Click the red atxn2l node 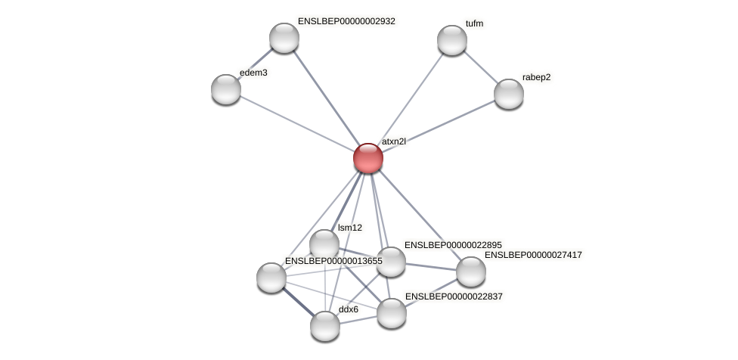368,158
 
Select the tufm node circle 452,40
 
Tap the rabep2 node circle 509,94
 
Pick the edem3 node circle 226,89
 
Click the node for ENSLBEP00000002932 284,38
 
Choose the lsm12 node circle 324,244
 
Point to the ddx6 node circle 325,326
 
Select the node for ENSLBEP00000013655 271,278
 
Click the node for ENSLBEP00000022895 391,262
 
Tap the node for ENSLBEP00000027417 470,272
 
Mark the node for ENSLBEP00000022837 392,313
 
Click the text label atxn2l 393,141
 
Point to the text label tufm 474,23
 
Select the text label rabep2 536,77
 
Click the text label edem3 253,73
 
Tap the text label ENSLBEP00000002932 346,22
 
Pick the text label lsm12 350,228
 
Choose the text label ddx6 349,309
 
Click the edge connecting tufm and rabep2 481,67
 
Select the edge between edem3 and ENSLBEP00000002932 256,64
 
